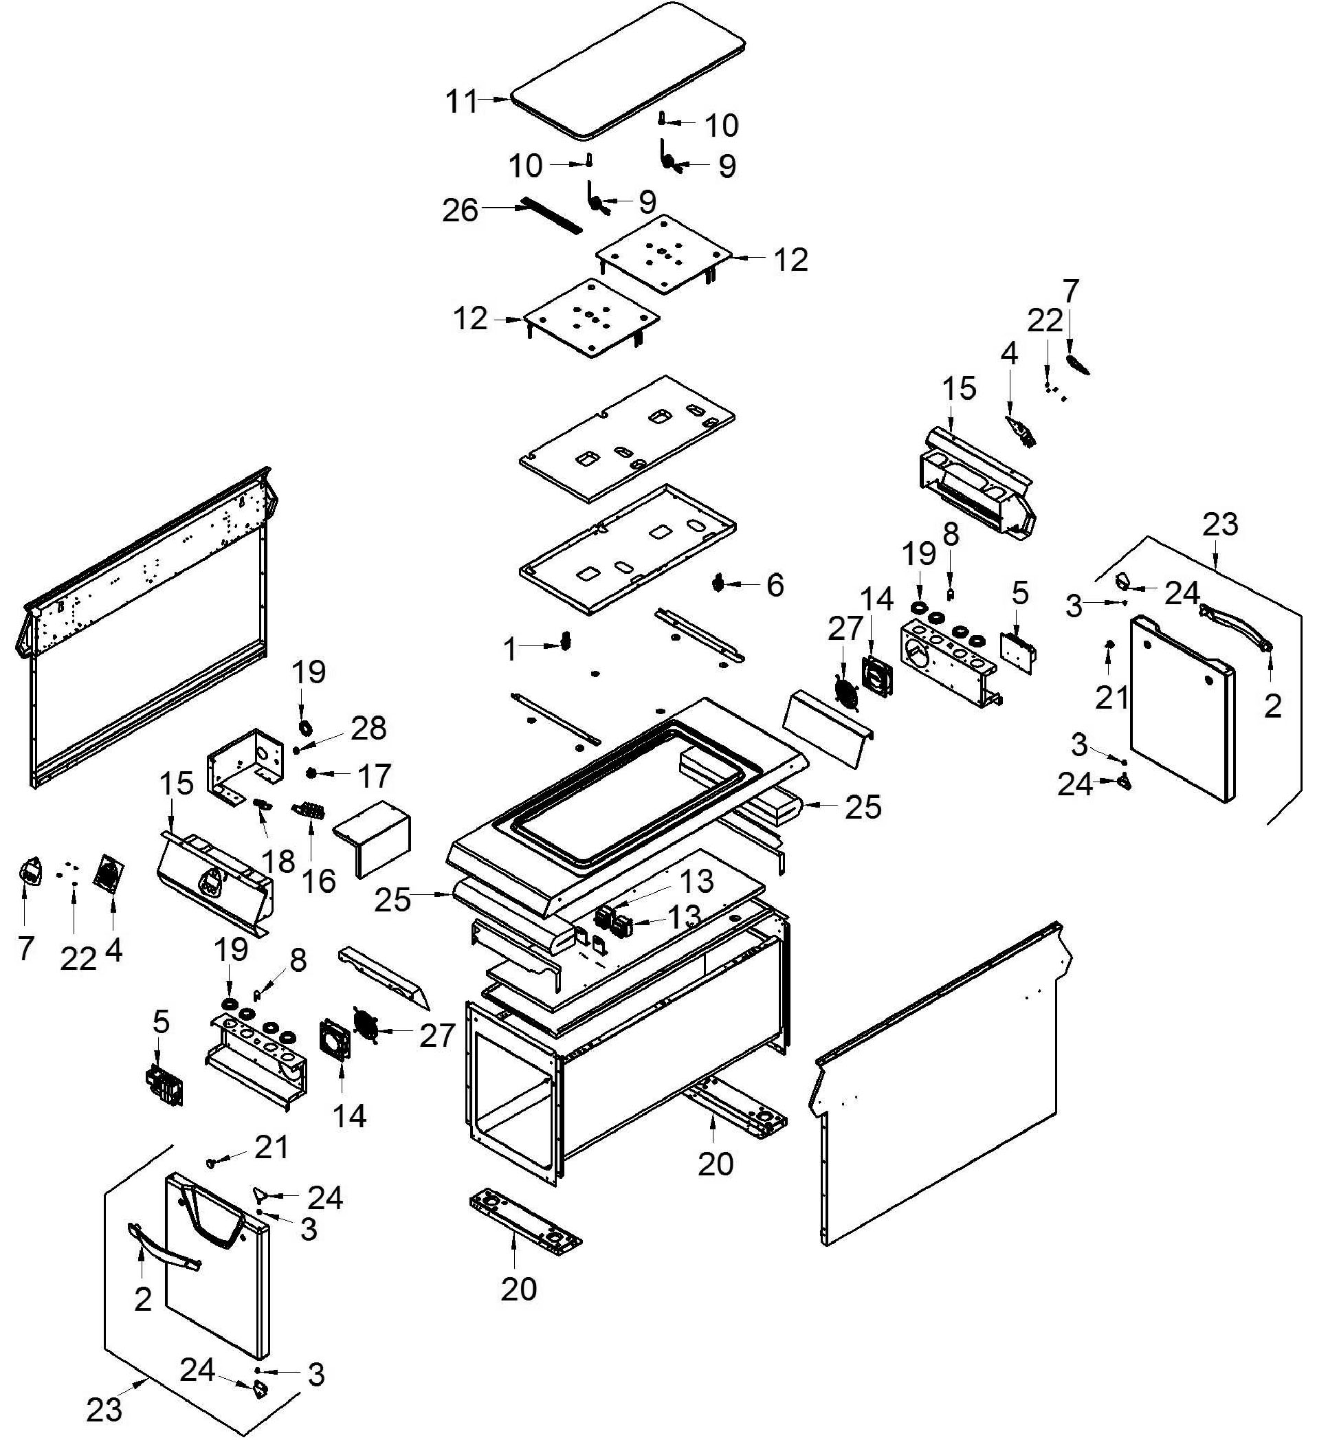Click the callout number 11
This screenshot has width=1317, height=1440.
point(461,102)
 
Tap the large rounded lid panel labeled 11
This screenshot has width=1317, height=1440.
point(628,69)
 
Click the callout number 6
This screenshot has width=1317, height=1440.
point(775,585)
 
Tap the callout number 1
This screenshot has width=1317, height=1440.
point(510,650)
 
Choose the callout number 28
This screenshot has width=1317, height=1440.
point(368,729)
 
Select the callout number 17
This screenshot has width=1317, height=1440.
point(373,776)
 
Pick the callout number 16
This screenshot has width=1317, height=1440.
point(318,880)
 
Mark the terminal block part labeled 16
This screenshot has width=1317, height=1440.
point(309,812)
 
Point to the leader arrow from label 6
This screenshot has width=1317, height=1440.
point(743,584)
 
